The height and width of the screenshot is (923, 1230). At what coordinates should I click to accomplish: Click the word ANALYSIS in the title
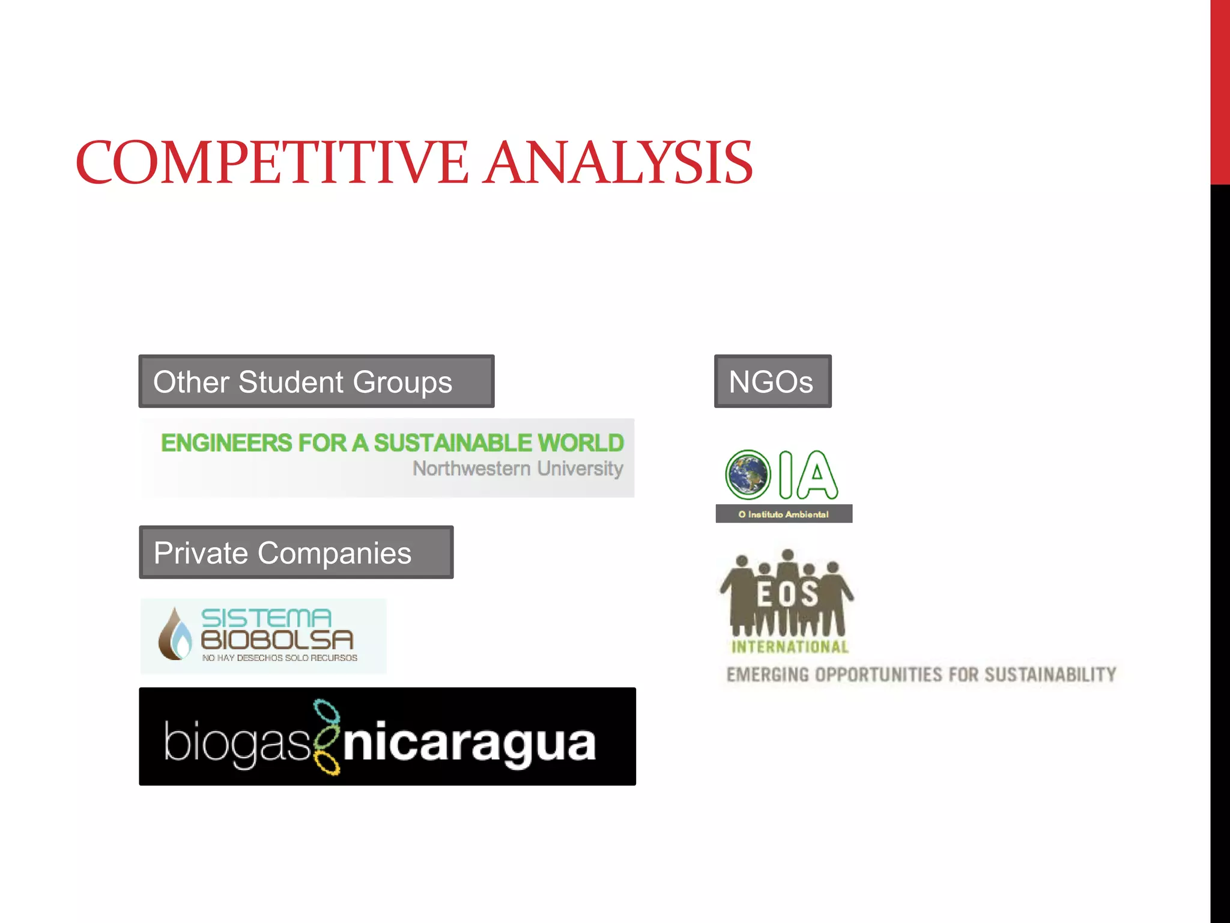point(619,162)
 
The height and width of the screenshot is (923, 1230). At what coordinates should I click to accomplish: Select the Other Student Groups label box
point(317,382)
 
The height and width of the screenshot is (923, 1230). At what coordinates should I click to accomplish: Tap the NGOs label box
point(772,382)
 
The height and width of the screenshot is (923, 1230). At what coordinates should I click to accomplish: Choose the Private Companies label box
point(296,552)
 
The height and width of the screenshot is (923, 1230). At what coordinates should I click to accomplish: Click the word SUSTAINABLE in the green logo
point(453,443)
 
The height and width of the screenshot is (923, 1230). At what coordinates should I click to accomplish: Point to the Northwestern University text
point(518,469)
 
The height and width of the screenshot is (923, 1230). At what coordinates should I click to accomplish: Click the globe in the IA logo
point(748,475)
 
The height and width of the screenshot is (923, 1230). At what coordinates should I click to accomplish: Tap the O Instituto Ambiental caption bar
point(784,514)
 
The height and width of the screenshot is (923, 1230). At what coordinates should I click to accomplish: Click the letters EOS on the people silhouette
point(787,594)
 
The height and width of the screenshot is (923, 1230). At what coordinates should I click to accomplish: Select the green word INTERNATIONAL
point(790,647)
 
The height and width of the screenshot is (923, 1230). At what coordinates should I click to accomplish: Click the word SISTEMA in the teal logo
point(266,618)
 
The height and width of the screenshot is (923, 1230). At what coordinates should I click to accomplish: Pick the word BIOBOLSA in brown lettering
point(277,640)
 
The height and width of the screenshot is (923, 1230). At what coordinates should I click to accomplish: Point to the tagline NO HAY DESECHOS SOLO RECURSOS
point(280,658)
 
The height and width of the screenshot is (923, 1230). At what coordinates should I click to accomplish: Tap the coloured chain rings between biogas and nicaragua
point(327,737)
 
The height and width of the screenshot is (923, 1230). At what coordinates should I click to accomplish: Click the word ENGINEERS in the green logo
point(226,443)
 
